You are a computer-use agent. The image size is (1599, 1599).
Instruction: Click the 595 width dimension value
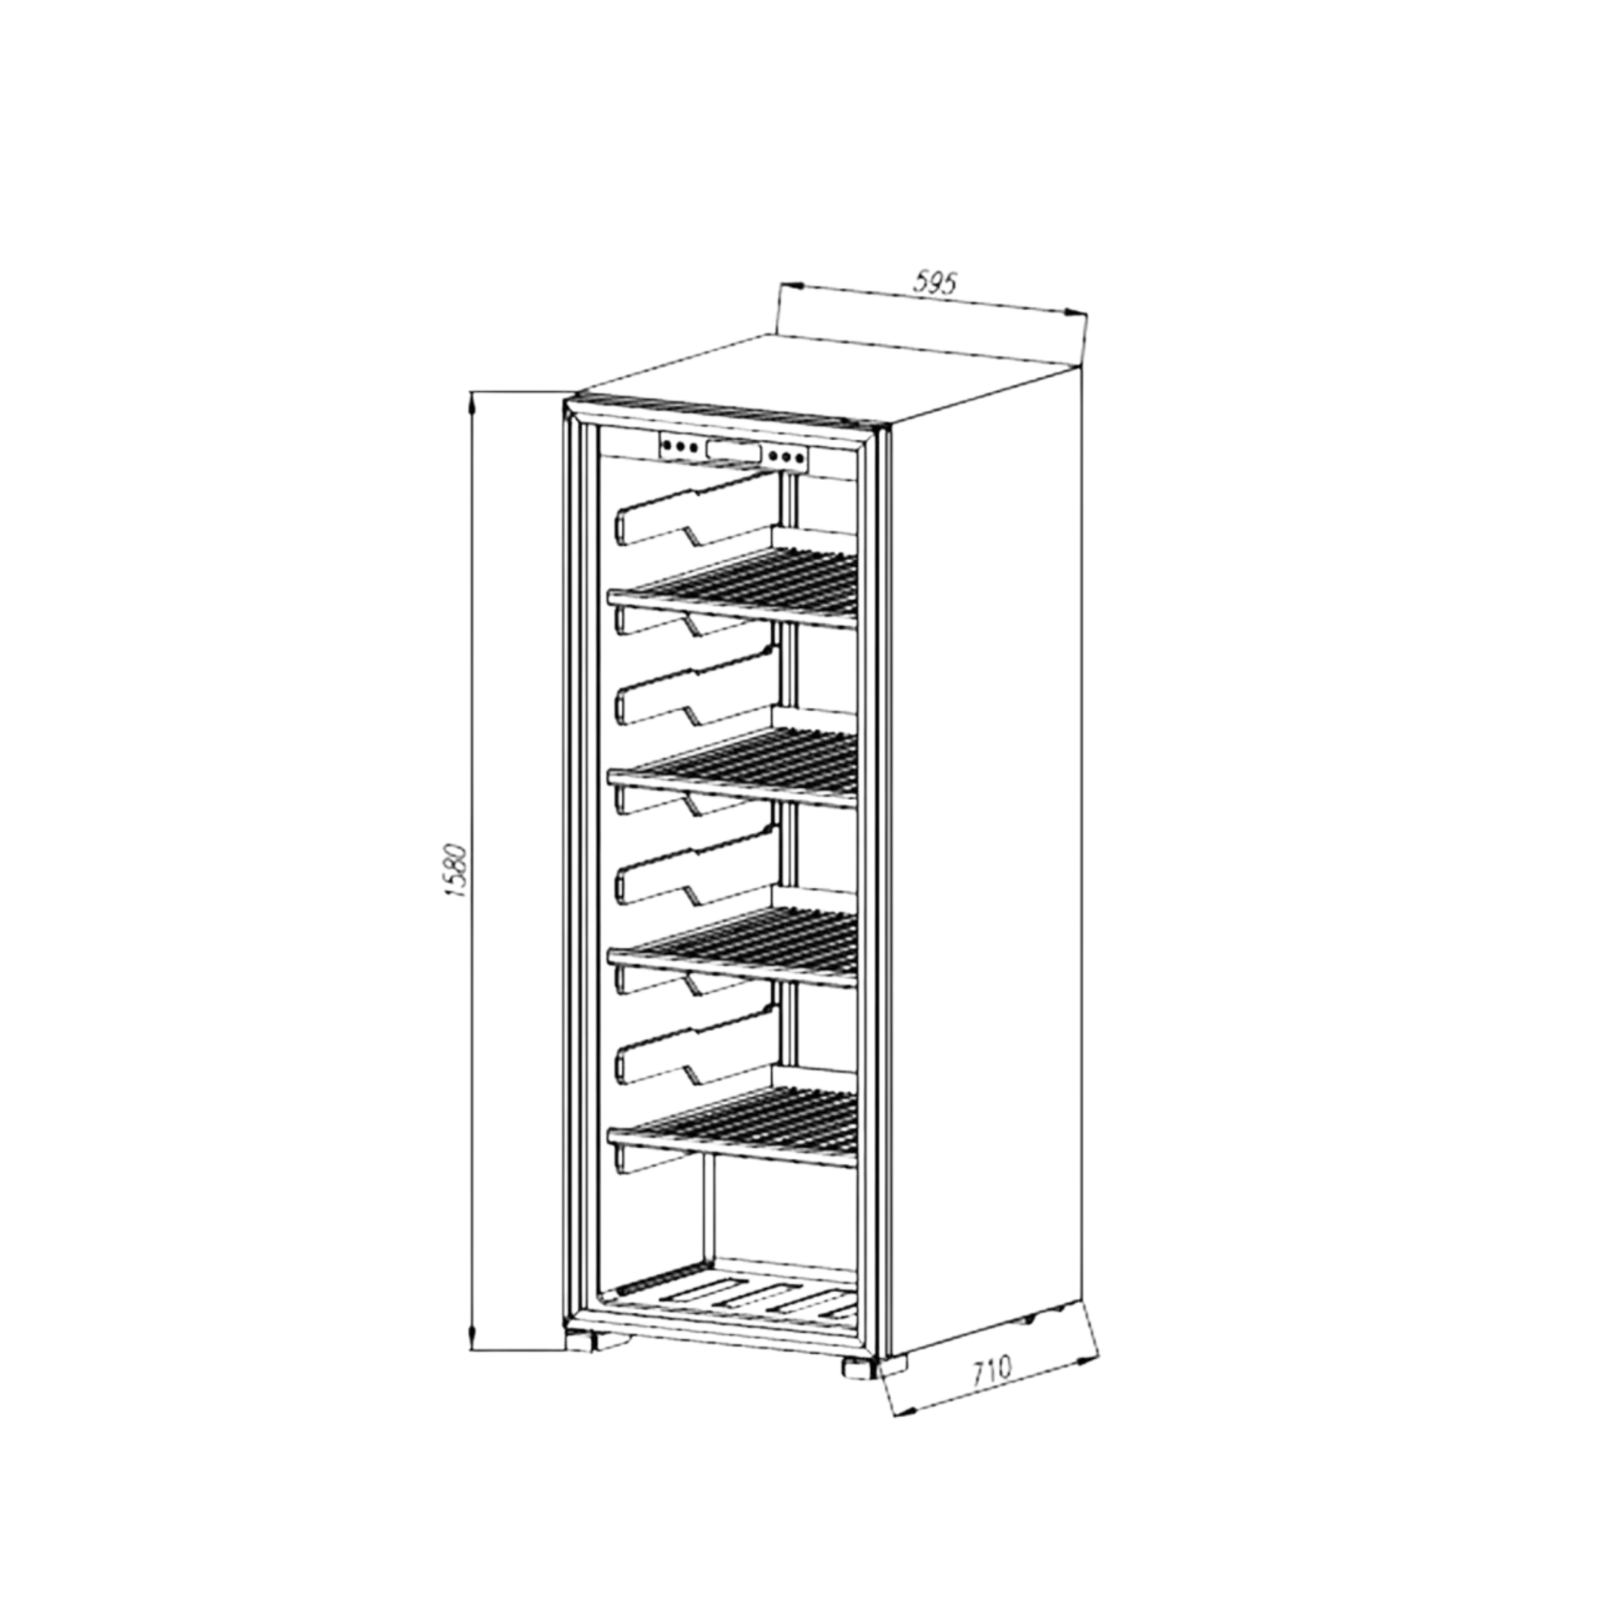[x=935, y=284]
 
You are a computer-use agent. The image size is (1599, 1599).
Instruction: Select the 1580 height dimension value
[x=458, y=871]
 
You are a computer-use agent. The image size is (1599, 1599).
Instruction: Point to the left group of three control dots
[x=680, y=447]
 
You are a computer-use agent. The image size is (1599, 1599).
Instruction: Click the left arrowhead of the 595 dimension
[x=792, y=285]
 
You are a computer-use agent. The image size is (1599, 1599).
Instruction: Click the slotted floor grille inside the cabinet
[x=732, y=1317]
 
